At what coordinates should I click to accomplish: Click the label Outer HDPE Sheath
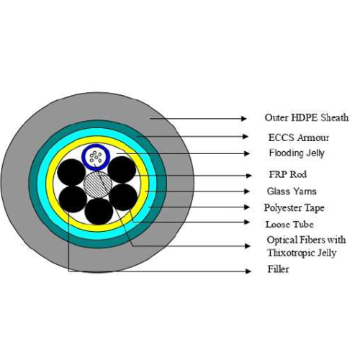[307, 117]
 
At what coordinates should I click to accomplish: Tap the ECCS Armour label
[299, 138]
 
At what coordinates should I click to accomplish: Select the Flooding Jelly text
[297, 153]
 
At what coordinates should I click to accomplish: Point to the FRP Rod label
[288, 174]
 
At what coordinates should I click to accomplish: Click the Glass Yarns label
[292, 192]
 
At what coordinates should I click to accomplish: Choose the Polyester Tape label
[294, 208]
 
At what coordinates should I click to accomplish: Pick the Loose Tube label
[289, 225]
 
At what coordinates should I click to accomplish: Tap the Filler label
[278, 269]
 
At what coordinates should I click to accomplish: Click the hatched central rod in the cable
[98, 184]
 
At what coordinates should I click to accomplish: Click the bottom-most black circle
[99, 211]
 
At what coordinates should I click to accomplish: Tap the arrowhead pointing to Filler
[248, 271]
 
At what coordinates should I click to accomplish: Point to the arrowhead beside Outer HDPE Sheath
[244, 118]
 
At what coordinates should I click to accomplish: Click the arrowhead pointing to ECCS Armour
[246, 137]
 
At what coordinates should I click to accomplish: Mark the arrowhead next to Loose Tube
[247, 222]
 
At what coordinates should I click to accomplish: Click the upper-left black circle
[71, 172]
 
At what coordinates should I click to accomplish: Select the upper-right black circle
[122, 169]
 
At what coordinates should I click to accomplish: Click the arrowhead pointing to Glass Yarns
[247, 192]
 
